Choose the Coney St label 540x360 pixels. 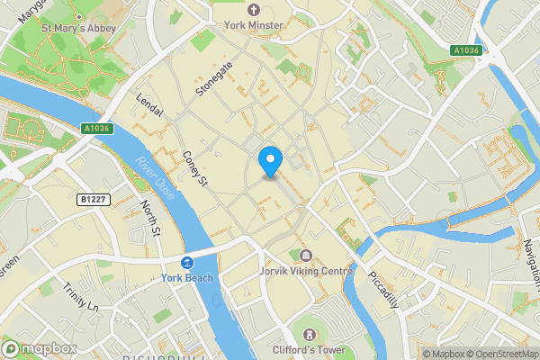point(195,168)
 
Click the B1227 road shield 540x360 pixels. point(94,199)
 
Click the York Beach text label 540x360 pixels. point(187,278)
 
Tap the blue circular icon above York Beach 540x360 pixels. point(187,263)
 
